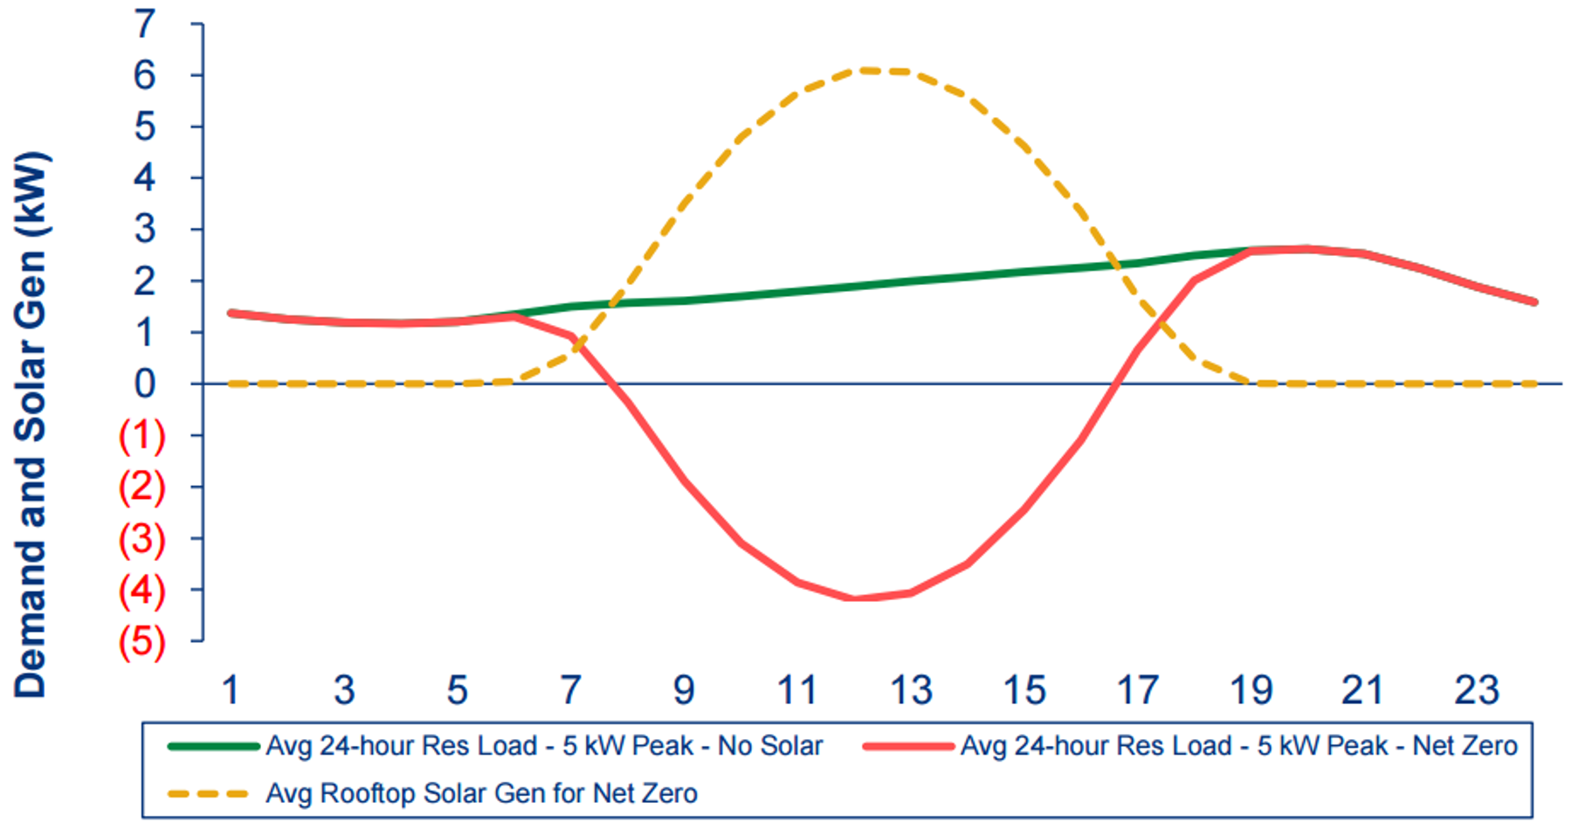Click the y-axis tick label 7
point(144,24)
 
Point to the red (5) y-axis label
point(141,642)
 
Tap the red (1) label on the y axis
point(141,435)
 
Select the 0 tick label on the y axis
point(144,384)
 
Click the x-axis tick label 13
point(911,691)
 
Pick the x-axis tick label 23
point(1476,691)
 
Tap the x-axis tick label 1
point(231,691)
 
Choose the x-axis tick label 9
point(684,691)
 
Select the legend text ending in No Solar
point(544,746)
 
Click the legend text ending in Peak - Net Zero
point(1238,746)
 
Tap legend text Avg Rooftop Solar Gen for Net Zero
point(481,793)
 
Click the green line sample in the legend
point(213,746)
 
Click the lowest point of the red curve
point(854,598)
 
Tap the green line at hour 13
point(911,280)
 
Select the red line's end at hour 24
point(1534,302)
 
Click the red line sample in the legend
point(907,746)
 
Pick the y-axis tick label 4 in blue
point(144,178)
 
